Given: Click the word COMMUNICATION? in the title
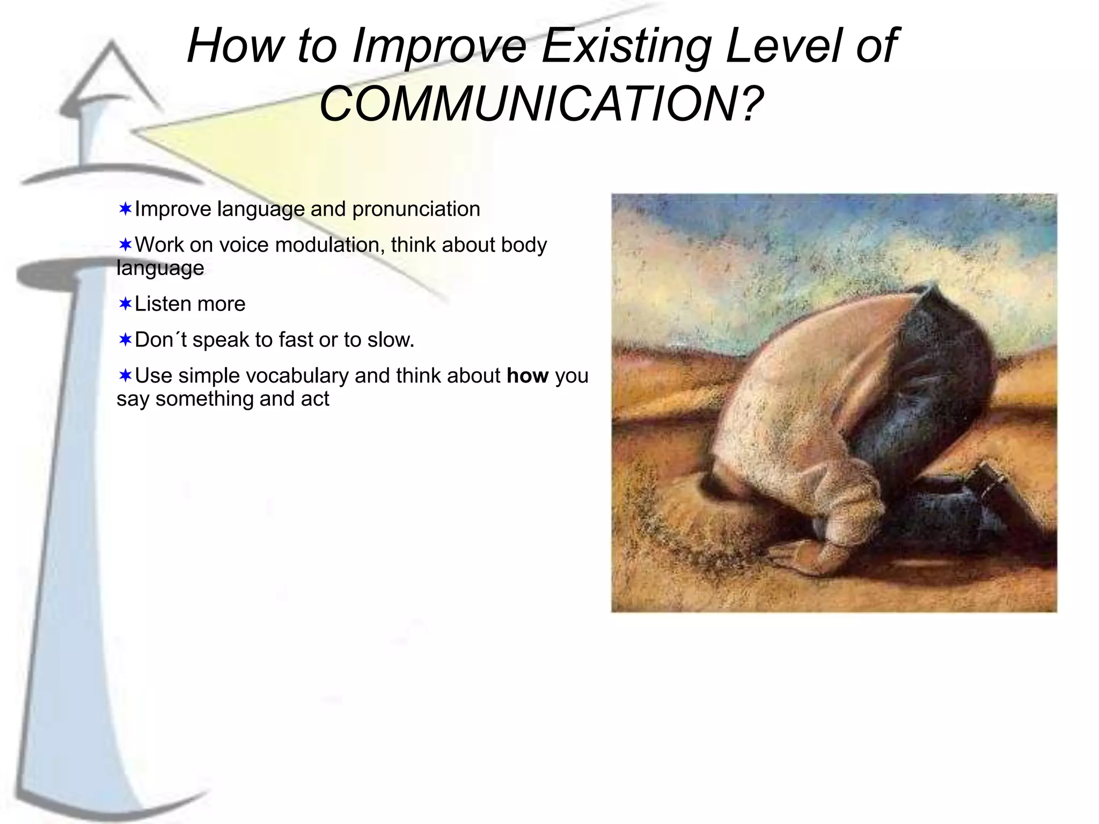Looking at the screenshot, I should point(541,104).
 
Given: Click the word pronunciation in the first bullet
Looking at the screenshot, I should point(416,209).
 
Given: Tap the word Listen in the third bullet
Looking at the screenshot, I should point(160,304).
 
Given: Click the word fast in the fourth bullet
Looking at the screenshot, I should point(296,340).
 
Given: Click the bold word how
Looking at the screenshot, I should point(527,376).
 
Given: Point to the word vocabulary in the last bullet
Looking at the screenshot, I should point(297,376).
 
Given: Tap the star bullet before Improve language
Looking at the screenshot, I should point(125,209).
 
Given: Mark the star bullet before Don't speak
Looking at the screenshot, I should point(125,340).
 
